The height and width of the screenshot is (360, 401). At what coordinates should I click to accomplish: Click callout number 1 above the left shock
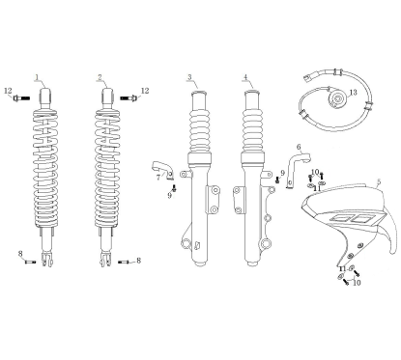[37, 77]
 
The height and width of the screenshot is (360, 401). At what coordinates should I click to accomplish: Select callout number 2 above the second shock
[99, 77]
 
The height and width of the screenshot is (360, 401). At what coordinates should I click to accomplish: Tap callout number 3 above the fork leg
[189, 77]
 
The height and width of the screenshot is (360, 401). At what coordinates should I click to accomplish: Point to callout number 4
[245, 77]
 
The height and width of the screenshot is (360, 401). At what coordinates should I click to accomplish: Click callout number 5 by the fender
[379, 181]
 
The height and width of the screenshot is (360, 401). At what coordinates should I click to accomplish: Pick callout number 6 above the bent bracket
[299, 147]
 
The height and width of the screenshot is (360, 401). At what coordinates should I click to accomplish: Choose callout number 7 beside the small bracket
[158, 178]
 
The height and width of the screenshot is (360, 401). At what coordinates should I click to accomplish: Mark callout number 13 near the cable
[354, 92]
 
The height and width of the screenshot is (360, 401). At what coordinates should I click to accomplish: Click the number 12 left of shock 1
[8, 92]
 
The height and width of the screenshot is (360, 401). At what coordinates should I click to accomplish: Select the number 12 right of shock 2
[145, 91]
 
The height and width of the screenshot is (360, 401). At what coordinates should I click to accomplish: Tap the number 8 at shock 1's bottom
[20, 253]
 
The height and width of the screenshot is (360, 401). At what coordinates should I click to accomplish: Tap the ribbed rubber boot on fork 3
[202, 125]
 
